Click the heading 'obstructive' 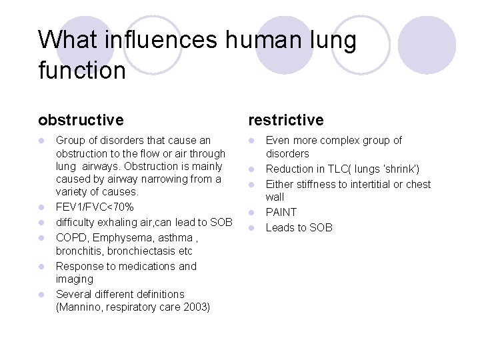coord(81,120)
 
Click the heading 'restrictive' coord(285,120)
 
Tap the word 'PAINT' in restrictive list coord(281,213)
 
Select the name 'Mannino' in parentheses coord(79,307)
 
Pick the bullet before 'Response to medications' coord(41,267)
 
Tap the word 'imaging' coord(75,279)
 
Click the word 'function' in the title coord(81,69)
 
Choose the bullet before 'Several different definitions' coord(41,295)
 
